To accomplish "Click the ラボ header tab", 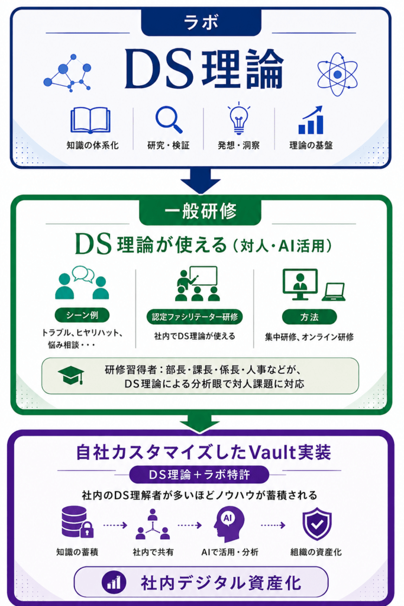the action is [x=201, y=22].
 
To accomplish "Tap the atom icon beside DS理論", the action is [x=337, y=74].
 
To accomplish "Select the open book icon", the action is [x=91, y=121].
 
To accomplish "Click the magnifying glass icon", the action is [x=169, y=120].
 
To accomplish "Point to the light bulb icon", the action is [x=239, y=118].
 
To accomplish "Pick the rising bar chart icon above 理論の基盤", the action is [x=311, y=120].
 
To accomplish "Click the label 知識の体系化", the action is [x=92, y=146].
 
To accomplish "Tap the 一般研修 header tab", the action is [x=201, y=211].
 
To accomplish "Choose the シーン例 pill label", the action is [x=82, y=315].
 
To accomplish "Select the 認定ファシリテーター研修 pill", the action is [x=195, y=317].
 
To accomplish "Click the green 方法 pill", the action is [x=309, y=317].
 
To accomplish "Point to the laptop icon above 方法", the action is [x=334, y=292].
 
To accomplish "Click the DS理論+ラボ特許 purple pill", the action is [x=199, y=475].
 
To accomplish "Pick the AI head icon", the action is [x=228, y=524].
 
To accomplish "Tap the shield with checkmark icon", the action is [x=316, y=524].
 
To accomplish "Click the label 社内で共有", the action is [x=153, y=552].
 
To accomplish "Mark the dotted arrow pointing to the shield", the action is [x=273, y=525].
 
